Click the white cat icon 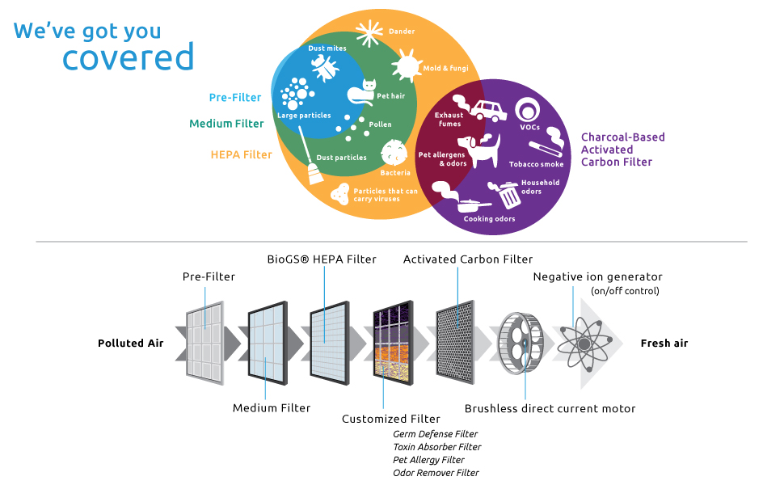[362, 93]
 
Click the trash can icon [508, 195]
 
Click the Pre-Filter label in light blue [235, 98]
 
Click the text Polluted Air [131, 344]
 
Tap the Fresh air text [664, 344]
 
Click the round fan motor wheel [522, 344]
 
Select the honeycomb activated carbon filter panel [459, 341]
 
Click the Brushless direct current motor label [550, 408]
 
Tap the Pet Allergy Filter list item [428, 460]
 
